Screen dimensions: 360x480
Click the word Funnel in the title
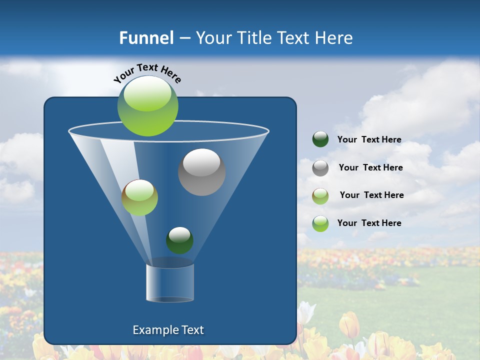click(x=146, y=38)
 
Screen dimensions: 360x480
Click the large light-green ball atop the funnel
click(x=148, y=105)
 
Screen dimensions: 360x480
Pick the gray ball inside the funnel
click(x=201, y=172)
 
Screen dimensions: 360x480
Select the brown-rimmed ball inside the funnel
click(x=139, y=197)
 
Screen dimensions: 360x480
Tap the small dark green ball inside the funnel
click(x=179, y=240)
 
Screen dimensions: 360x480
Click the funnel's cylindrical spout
click(x=169, y=282)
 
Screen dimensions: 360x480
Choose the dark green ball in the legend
click(x=320, y=139)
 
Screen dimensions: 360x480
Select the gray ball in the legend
click(x=320, y=168)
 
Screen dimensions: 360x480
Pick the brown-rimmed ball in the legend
click(x=320, y=196)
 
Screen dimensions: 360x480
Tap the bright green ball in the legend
click(x=320, y=223)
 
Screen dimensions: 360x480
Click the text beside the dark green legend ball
click(x=369, y=139)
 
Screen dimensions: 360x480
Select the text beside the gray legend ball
click(x=370, y=167)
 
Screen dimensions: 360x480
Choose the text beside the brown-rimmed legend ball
click(x=371, y=195)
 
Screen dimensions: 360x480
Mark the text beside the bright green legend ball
click(x=369, y=223)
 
